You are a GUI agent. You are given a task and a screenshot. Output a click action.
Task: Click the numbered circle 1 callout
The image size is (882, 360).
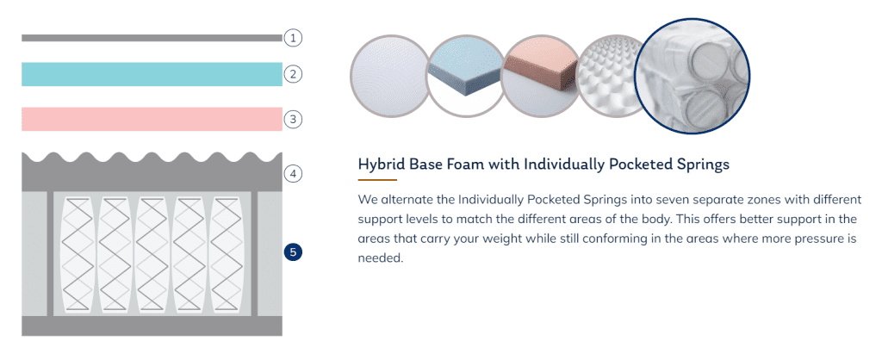point(293,38)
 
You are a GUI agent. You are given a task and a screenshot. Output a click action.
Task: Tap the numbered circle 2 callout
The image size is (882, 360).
point(293,74)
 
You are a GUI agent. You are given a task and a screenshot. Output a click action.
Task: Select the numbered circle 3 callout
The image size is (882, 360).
point(293,119)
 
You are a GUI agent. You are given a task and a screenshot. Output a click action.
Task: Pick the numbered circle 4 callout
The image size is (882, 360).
point(293,174)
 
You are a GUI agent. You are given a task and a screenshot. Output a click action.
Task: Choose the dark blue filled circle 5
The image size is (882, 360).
point(293,252)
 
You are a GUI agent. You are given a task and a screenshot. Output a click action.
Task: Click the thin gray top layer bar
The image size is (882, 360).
point(152,38)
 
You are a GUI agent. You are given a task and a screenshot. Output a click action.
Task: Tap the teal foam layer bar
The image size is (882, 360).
point(152,74)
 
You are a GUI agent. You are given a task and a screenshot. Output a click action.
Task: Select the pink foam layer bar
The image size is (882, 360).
point(152,119)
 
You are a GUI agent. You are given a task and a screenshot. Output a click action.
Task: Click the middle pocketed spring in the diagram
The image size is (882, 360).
point(152,254)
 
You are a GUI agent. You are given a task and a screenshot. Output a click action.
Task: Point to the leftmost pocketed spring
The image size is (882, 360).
point(77,254)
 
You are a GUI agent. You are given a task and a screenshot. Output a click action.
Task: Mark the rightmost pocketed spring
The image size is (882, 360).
point(227,254)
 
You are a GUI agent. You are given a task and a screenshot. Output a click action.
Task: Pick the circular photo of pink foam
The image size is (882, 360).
point(541,76)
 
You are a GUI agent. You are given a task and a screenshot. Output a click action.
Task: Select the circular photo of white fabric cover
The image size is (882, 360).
point(391,76)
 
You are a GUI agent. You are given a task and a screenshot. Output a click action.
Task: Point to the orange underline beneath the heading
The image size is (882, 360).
point(377,180)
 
